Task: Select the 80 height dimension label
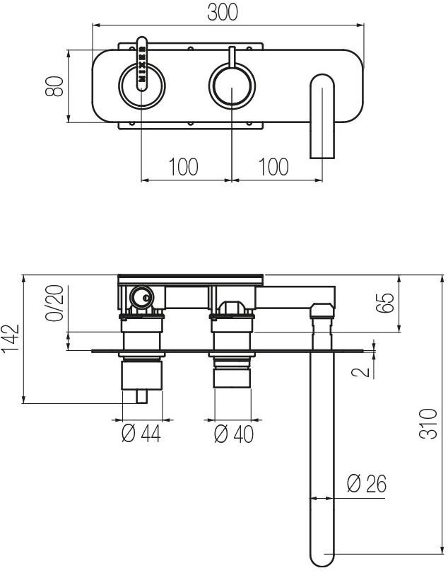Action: [x=56, y=86]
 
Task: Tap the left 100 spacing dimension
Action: [x=183, y=167]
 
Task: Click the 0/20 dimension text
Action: [x=54, y=303]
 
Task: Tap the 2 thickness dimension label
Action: [x=365, y=370]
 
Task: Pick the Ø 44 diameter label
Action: [x=141, y=434]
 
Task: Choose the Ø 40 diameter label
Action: [x=233, y=434]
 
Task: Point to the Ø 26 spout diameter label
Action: [x=366, y=484]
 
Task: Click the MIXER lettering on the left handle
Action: [x=142, y=64]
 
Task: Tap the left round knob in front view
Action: [x=142, y=86]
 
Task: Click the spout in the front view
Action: [x=322, y=117]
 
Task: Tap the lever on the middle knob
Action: [x=232, y=57]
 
